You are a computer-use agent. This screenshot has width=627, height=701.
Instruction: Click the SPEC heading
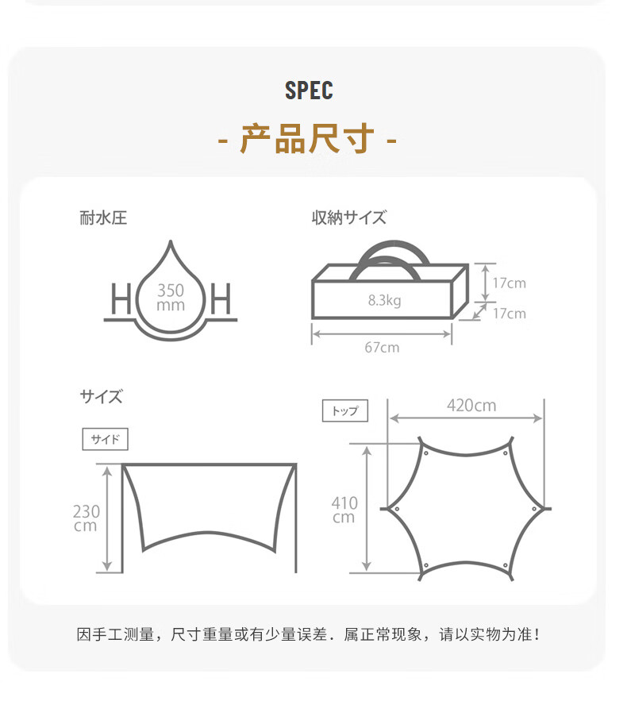pyautogui.click(x=309, y=91)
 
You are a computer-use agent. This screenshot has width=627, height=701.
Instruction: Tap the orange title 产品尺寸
pyautogui.click(x=307, y=140)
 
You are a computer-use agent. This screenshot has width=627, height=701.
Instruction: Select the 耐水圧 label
pyautogui.click(x=103, y=218)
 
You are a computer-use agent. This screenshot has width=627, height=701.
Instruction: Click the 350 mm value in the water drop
pyautogui.click(x=171, y=298)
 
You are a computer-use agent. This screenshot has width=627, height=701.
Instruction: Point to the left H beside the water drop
pyautogui.click(x=121, y=301)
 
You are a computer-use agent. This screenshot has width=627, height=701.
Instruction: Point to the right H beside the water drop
pyautogui.click(x=221, y=301)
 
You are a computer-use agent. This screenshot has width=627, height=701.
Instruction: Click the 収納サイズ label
pyautogui.click(x=348, y=218)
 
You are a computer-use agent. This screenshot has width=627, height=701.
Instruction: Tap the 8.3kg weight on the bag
pyautogui.click(x=384, y=301)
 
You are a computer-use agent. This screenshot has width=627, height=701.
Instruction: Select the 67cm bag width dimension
pyautogui.click(x=383, y=347)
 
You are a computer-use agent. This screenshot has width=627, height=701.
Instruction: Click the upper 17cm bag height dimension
pyautogui.click(x=509, y=283)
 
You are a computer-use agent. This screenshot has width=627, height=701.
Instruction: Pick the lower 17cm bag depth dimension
pyautogui.click(x=509, y=314)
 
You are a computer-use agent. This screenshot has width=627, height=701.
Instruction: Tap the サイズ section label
pyautogui.click(x=102, y=397)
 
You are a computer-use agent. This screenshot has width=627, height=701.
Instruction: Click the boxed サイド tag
pyautogui.click(x=105, y=439)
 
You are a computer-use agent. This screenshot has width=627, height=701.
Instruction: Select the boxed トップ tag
pyautogui.click(x=344, y=410)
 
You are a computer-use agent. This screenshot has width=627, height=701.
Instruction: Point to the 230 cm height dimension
pyautogui.click(x=86, y=518)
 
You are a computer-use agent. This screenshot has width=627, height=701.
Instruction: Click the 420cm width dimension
pyautogui.click(x=471, y=406)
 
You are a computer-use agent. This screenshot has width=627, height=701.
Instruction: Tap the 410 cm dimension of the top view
pyautogui.click(x=344, y=510)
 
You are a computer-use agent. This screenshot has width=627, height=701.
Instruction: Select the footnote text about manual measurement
pyautogui.click(x=308, y=634)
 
